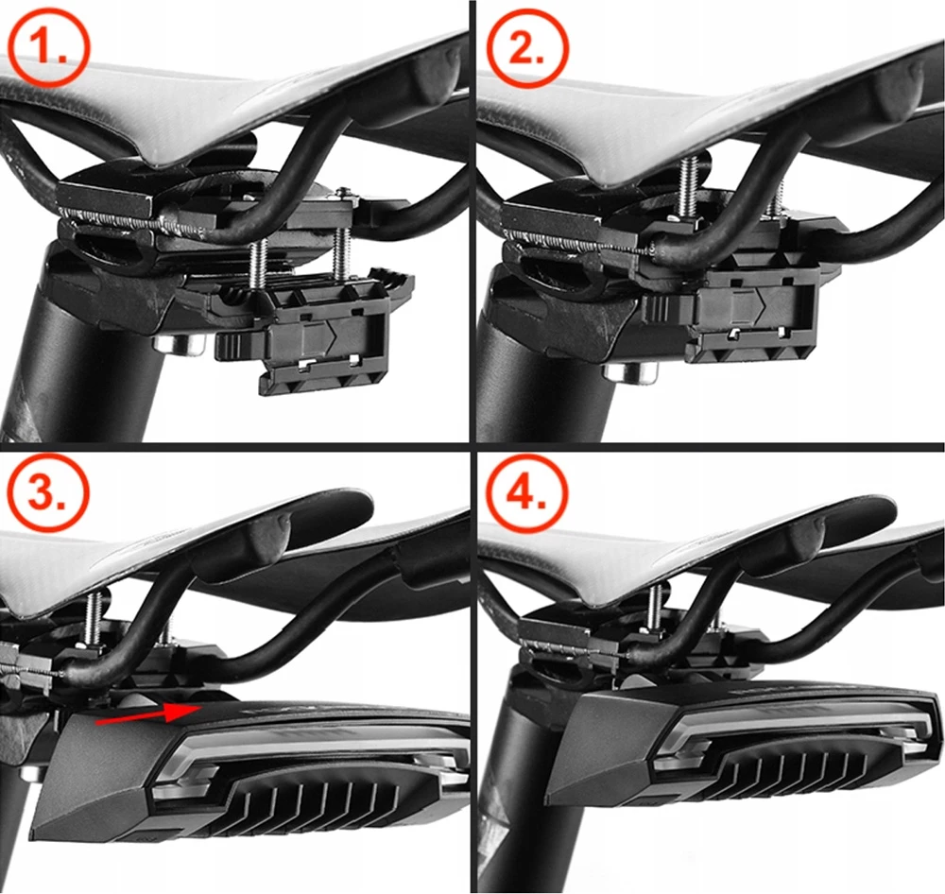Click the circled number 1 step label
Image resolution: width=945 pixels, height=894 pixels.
click(x=49, y=49)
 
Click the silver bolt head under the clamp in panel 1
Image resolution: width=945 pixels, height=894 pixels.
click(x=179, y=345)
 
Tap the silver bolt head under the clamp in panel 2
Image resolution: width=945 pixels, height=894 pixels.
click(x=629, y=371)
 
